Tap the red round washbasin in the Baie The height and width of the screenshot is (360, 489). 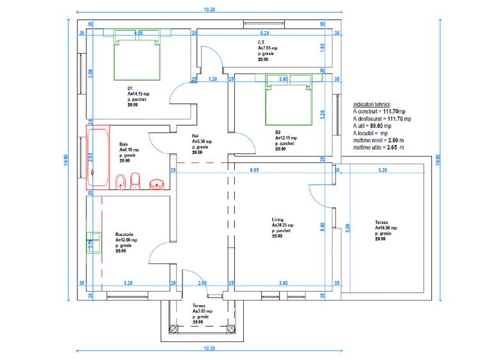click(157, 185)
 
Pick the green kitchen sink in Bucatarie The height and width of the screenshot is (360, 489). click(92, 244)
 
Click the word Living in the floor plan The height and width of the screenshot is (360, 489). click(278, 221)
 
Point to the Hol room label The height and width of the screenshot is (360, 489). click(196, 136)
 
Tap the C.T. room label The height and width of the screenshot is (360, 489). click(262, 43)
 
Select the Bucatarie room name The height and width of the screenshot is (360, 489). click(125, 235)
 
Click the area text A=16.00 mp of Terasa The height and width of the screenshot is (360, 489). click(387, 228)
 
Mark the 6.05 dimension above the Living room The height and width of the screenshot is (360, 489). click(254, 170)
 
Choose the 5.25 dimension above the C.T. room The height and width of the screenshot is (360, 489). click(264, 32)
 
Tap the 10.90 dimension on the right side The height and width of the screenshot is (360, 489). click(438, 159)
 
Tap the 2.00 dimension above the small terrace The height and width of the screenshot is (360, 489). click(202, 283)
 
